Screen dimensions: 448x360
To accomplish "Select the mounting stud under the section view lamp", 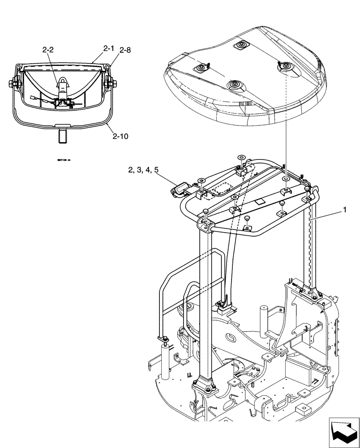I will (63, 135).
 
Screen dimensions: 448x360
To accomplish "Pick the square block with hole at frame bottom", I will (304, 409).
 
